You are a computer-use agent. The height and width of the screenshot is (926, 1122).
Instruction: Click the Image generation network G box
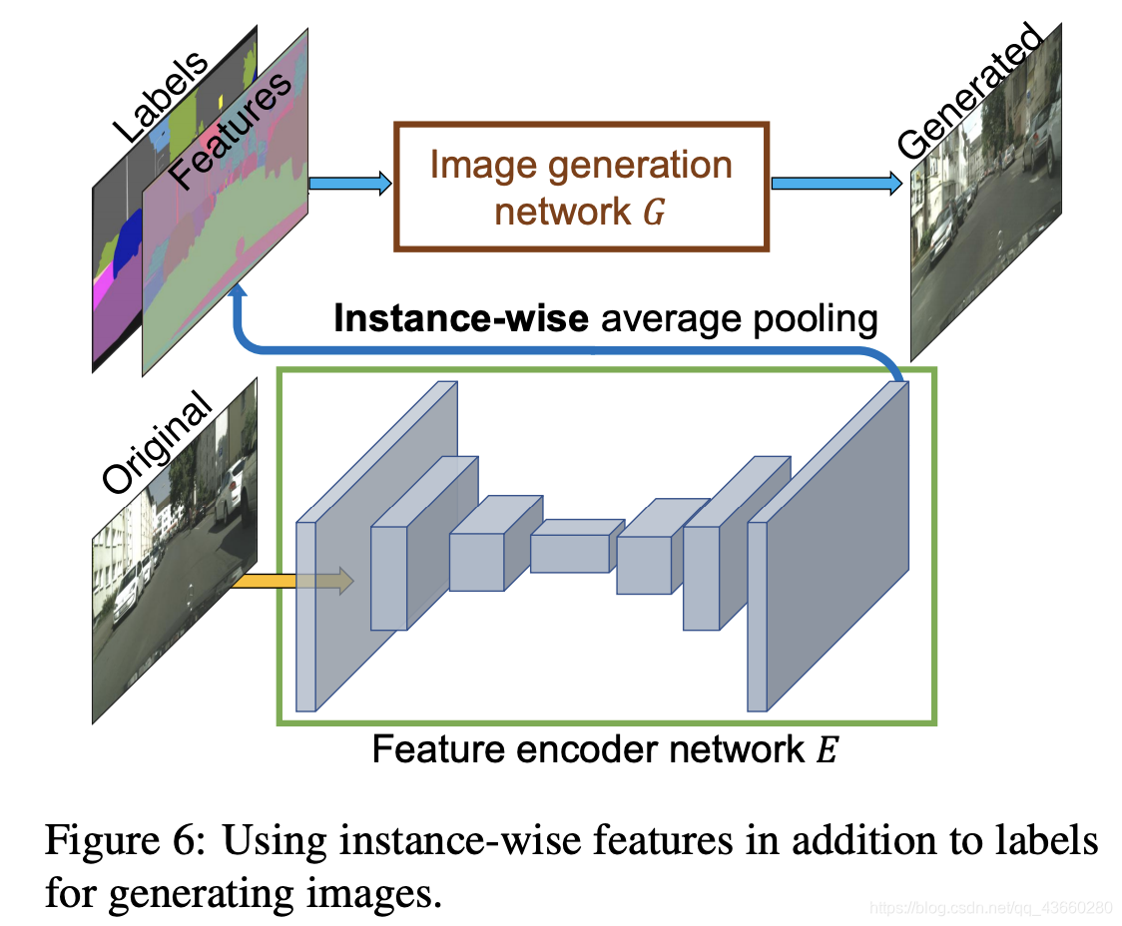click(582, 186)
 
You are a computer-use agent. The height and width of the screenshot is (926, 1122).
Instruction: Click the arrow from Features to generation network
click(349, 184)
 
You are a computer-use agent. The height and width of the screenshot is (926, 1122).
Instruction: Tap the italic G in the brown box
click(652, 212)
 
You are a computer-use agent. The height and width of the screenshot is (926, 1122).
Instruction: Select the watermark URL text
click(988, 908)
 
